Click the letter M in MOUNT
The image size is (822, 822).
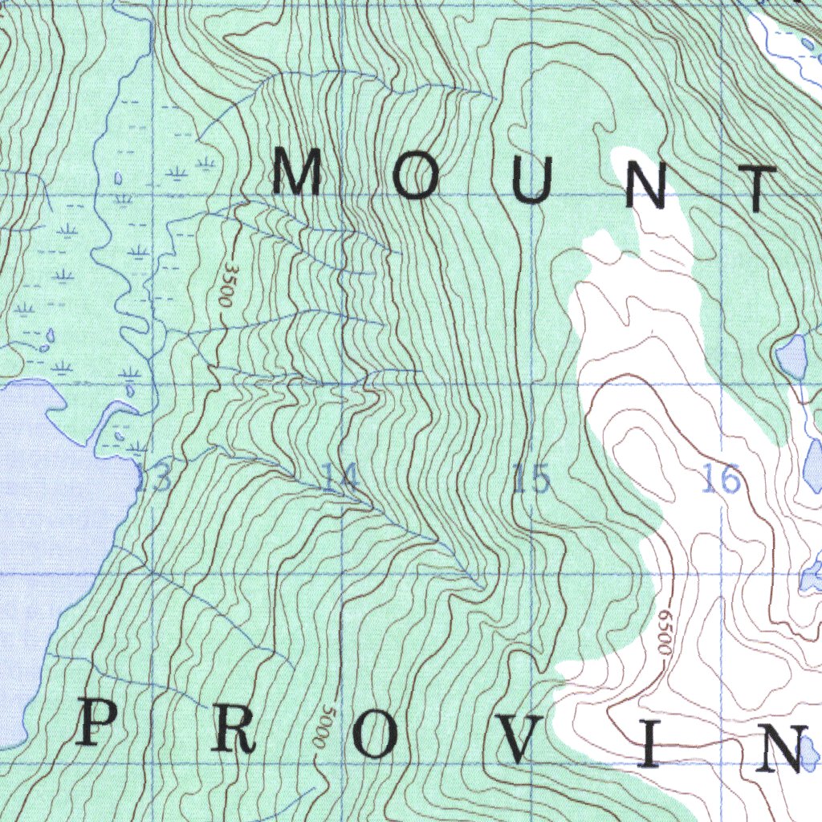coord(297,173)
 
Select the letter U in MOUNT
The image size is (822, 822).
coord(533,181)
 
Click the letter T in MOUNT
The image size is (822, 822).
coord(758,189)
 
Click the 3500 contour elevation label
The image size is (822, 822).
coord(228,285)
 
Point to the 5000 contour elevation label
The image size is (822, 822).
coord(324,727)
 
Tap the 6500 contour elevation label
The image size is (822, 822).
coord(664,634)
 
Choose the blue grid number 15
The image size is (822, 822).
coord(531,480)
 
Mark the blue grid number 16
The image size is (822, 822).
coord(720,480)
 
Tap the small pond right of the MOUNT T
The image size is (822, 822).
coord(791,357)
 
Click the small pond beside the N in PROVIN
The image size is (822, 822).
coord(810,753)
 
